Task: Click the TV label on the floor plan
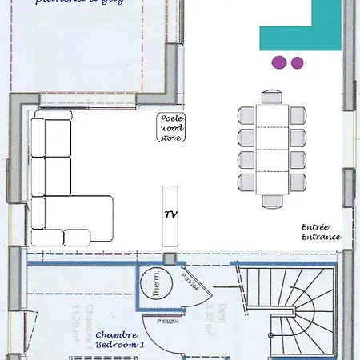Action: tap(170, 215)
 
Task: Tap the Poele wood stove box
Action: tap(170, 128)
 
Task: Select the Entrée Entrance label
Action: tap(322, 232)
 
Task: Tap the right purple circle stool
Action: tap(297, 62)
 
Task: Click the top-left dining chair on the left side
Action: tap(246, 116)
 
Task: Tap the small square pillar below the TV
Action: tap(169, 258)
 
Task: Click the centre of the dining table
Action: tap(272, 149)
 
